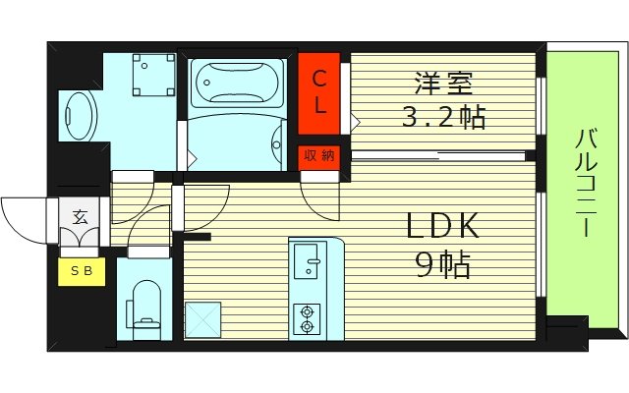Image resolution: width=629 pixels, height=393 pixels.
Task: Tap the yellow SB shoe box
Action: tap(83, 272)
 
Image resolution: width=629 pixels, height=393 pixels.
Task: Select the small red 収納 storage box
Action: tap(319, 155)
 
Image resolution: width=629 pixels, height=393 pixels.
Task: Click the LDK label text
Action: tap(442, 227)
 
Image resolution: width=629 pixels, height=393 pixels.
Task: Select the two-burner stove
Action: tap(309, 317)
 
